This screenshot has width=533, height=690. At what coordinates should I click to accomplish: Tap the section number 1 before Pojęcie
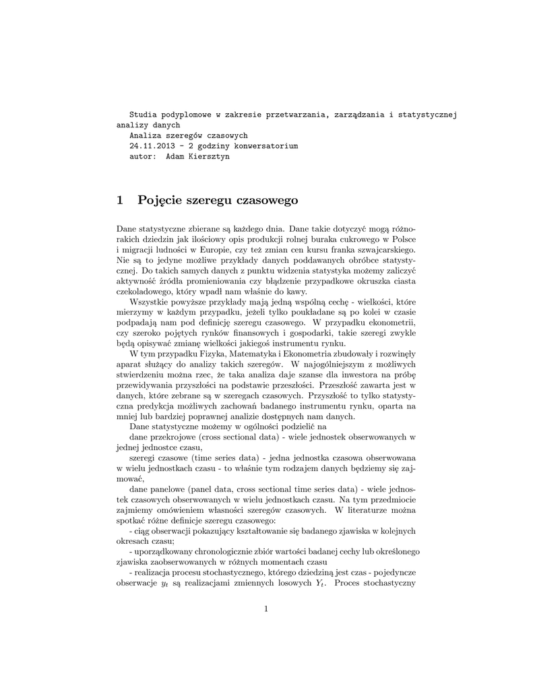pyautogui.click(x=120, y=200)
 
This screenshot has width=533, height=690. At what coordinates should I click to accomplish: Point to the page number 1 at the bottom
pyautogui.click(x=266, y=610)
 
